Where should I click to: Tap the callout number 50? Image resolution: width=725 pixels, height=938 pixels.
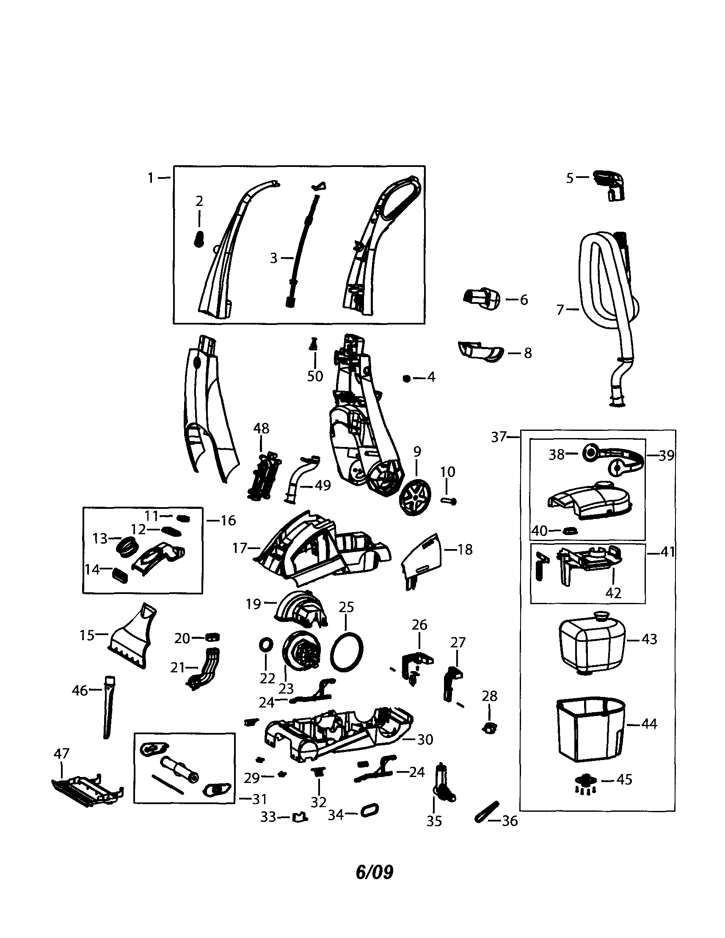[x=315, y=376]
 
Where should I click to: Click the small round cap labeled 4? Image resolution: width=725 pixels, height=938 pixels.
[x=406, y=378]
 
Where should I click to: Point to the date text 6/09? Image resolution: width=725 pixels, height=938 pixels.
[x=374, y=872]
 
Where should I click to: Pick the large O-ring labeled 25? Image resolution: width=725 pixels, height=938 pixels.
[x=347, y=652]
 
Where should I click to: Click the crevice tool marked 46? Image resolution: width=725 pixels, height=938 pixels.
[x=108, y=705]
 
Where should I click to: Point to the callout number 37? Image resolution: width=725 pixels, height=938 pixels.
[x=499, y=437]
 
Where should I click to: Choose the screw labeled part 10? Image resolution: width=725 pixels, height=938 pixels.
[x=449, y=500]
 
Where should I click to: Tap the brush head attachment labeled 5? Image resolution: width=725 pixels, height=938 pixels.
[x=609, y=186]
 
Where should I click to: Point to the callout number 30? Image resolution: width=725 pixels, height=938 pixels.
[x=425, y=739]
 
